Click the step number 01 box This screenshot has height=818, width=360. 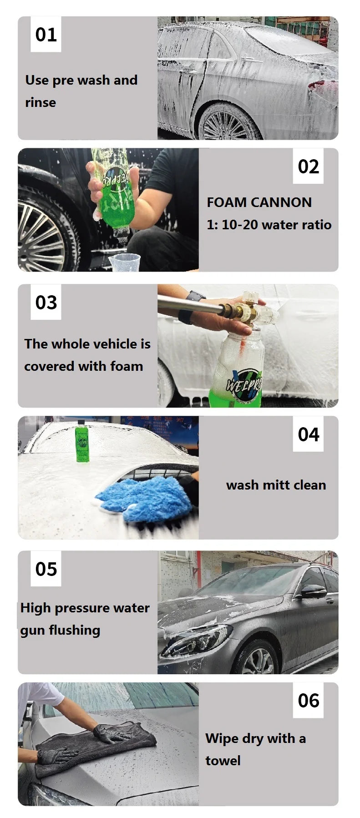46,35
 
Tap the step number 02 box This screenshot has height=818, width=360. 308,167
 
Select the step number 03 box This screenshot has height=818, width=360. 46,303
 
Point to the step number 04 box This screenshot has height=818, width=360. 308,434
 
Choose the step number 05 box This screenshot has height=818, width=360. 46,569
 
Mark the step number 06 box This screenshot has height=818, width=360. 308,701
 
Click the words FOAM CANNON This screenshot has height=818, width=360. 259,202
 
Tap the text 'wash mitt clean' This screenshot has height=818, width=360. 276,485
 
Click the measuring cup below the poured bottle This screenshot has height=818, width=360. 124,263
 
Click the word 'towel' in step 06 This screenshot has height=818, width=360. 223,761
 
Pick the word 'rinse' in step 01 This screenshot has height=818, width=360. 41,103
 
